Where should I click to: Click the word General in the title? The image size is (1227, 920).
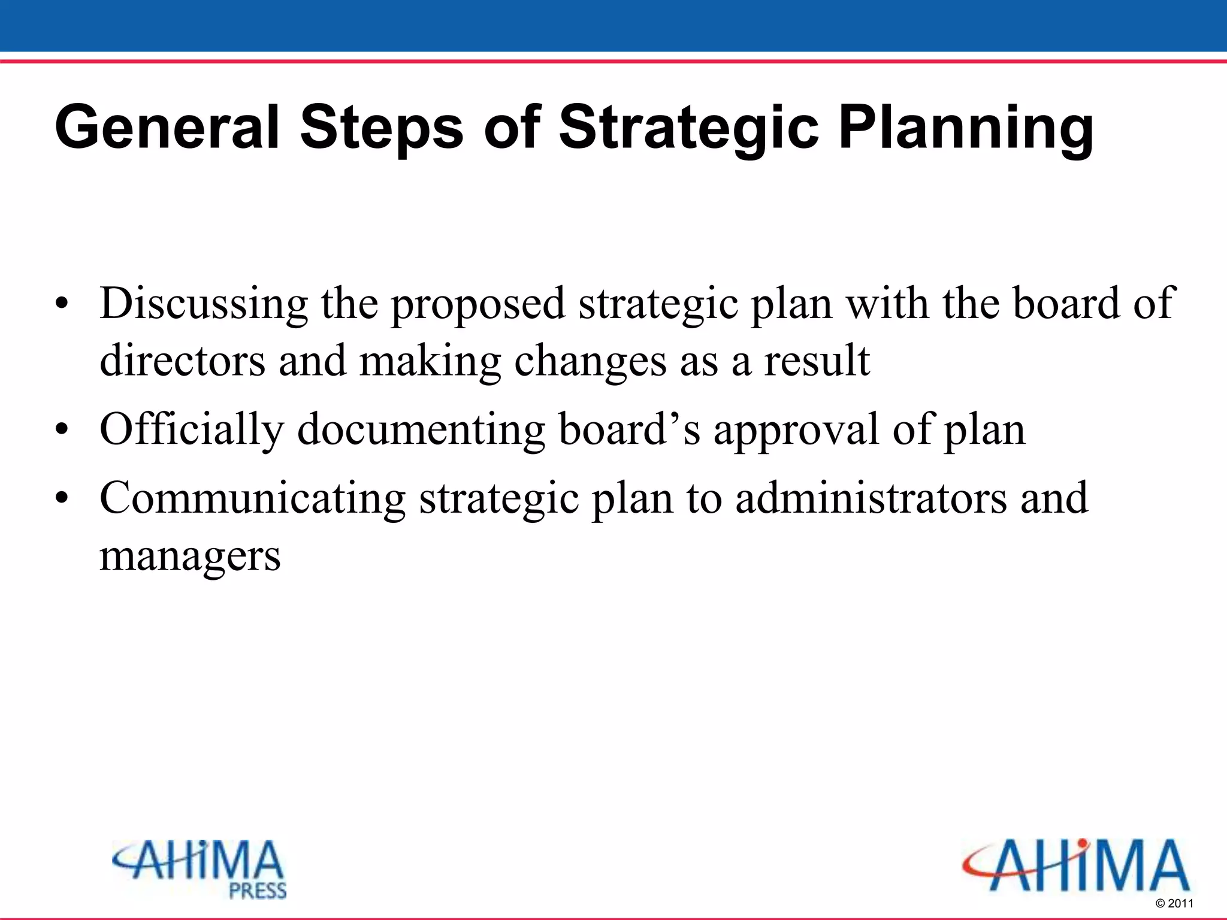click(167, 128)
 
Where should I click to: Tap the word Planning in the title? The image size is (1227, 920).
click(966, 128)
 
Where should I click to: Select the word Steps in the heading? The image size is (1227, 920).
click(381, 128)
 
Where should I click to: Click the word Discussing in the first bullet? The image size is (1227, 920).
click(204, 304)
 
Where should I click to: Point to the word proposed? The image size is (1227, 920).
click(477, 304)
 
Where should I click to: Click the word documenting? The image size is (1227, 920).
click(421, 429)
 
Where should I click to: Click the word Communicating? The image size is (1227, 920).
click(252, 498)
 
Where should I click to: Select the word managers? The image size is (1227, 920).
click(190, 556)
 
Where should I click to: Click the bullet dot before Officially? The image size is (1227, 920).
click(61, 431)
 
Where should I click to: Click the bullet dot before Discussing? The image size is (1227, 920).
click(61, 305)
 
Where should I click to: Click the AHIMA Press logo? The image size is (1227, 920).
click(199, 869)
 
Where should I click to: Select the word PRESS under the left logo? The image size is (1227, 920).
click(258, 891)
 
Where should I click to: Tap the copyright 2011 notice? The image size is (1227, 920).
click(1174, 903)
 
